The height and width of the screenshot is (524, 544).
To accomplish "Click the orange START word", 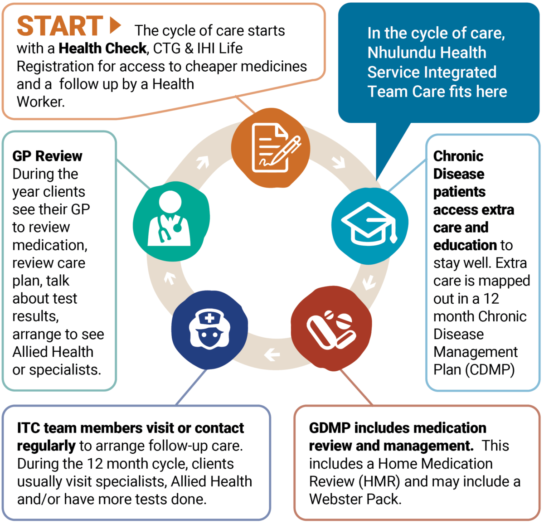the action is click(x=60, y=26).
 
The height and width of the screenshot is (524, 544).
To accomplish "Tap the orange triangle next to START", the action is click(x=115, y=25).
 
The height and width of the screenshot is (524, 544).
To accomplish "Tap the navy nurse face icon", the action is click(x=209, y=330).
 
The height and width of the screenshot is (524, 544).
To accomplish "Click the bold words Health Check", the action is click(x=102, y=49).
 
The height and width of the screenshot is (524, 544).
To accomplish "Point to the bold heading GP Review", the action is click(x=47, y=156).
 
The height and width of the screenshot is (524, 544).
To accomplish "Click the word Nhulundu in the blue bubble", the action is click(x=398, y=53).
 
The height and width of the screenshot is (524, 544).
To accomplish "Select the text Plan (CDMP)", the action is click(x=474, y=369).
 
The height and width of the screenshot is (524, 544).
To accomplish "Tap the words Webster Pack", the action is click(x=355, y=499).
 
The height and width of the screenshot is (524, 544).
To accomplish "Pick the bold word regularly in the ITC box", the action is click(x=46, y=446).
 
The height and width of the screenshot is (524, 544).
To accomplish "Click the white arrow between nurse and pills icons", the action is click(x=272, y=355).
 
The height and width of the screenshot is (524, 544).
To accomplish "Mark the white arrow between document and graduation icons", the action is click(x=339, y=162).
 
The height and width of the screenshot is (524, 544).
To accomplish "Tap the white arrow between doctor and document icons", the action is click(x=203, y=162).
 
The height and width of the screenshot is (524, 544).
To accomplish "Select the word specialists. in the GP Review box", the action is click(x=65, y=370).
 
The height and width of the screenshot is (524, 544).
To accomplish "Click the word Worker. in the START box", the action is click(x=40, y=102).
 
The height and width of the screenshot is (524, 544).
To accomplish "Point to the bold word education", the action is click(x=465, y=245).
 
